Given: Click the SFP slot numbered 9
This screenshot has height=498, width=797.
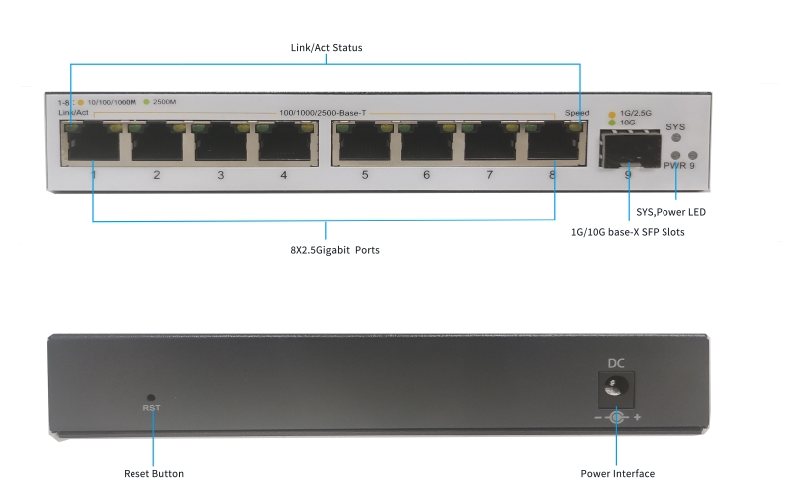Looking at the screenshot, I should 626,151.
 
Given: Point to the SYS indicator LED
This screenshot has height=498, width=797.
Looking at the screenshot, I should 676,140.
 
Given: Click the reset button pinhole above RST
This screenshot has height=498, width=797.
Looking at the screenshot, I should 151,396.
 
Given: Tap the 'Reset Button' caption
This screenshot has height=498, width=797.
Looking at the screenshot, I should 153,474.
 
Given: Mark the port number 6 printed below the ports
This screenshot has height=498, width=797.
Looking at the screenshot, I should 426,175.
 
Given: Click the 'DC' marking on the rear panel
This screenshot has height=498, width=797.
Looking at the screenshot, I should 616,364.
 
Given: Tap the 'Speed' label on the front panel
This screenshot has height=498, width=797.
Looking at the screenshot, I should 576,113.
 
